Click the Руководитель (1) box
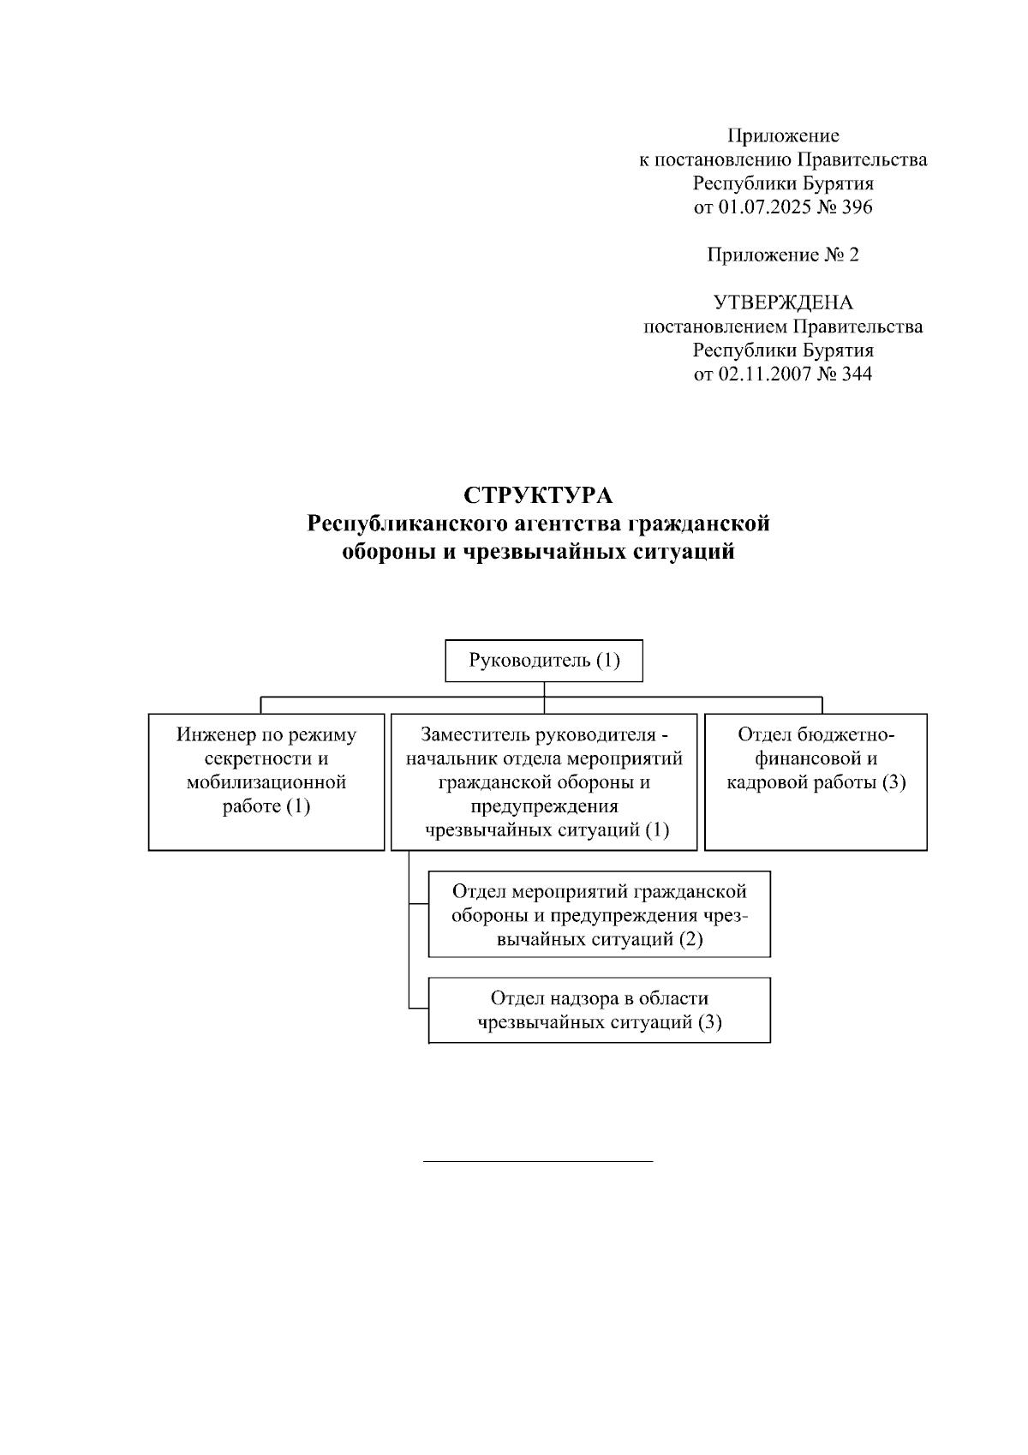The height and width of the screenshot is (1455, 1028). tap(544, 661)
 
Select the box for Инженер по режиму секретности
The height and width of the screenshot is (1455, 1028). tap(266, 781)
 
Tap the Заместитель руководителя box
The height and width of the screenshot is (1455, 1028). tap(544, 781)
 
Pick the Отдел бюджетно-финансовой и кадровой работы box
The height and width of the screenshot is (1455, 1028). tap(816, 781)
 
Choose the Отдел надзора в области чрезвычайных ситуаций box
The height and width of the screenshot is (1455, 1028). tap(600, 1010)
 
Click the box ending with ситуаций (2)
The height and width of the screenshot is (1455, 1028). tap(600, 914)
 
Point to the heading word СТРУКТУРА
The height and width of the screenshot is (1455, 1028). tap(538, 496)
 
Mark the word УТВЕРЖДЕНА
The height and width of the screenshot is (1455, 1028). tap(783, 302)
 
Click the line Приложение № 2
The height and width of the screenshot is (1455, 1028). tap(783, 254)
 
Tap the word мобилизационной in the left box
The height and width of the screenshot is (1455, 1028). tap(266, 782)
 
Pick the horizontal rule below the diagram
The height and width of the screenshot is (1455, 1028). tap(538, 1161)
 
